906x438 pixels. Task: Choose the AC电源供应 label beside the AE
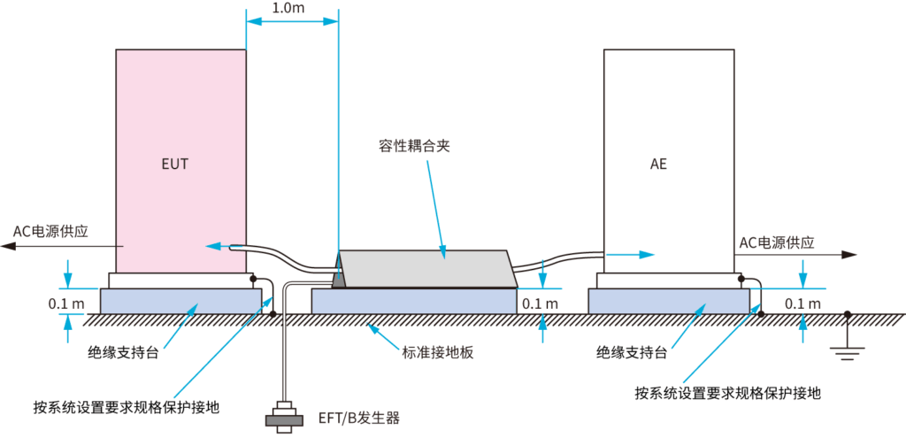[777, 242]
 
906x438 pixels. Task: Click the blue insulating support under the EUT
[181, 301]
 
